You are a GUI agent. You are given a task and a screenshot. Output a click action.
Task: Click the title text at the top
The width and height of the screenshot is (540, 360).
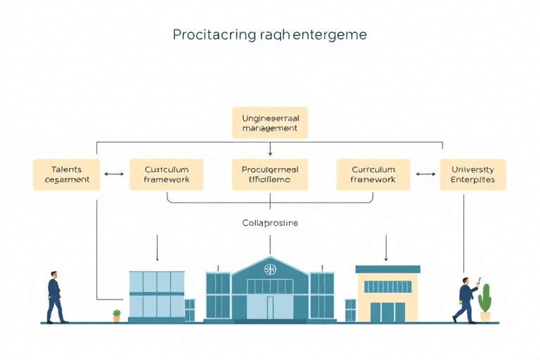point(270,34)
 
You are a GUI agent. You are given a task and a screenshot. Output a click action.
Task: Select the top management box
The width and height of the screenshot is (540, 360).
point(270,123)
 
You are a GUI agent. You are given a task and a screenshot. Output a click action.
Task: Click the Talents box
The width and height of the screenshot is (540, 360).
point(67,174)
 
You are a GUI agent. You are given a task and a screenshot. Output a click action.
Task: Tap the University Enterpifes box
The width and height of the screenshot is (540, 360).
point(472,174)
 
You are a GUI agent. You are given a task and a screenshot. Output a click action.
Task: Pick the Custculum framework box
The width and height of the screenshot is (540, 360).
point(167,174)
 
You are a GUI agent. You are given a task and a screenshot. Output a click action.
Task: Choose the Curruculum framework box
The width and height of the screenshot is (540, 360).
point(373,174)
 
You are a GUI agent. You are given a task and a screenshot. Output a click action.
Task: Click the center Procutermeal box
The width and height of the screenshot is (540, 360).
point(270,174)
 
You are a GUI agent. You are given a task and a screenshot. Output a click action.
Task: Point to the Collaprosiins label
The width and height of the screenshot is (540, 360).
point(270,223)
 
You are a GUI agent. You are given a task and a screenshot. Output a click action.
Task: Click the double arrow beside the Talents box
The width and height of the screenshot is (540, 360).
point(114,174)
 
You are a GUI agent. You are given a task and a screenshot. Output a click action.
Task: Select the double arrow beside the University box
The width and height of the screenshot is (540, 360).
point(425,174)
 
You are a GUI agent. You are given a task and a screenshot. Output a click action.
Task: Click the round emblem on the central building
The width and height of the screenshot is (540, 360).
point(270,269)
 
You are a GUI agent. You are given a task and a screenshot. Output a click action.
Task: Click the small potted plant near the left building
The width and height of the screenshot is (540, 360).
point(117,315)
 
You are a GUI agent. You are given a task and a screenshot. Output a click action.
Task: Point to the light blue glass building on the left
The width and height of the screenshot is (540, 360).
point(156,295)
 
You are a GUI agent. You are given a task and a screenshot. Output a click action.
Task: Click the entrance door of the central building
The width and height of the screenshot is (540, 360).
point(270,307)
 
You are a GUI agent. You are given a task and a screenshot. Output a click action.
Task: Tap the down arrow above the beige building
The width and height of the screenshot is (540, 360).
point(386,247)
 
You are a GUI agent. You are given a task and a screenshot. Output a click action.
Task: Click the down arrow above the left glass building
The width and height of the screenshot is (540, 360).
point(157,247)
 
